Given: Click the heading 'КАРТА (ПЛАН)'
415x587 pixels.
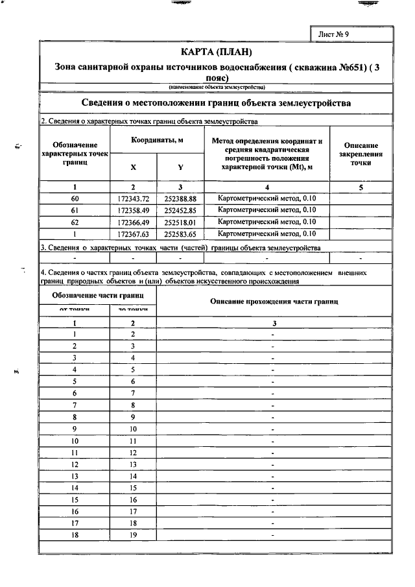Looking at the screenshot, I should tap(216, 52).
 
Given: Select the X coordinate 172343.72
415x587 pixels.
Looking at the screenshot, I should tap(134, 198).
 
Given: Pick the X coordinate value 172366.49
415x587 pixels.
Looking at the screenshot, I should tap(134, 221).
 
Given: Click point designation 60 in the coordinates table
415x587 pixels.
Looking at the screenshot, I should tap(75, 198).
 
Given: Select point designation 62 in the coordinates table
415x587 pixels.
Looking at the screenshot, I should tap(75, 221).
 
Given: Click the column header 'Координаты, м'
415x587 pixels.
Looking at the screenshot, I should tap(157, 140).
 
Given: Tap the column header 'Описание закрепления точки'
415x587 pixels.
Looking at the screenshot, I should tap(361, 154).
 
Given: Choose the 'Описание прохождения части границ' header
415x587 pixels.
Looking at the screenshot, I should tap(274, 302).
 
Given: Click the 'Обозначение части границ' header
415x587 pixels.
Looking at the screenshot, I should tap(98, 296).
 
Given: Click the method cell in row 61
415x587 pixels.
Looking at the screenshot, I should tap(267, 210).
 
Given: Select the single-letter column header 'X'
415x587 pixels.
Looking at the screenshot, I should tap(134, 167).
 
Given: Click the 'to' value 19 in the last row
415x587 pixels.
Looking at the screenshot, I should tap(133, 534).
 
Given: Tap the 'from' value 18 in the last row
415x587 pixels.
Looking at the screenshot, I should tap(75, 534).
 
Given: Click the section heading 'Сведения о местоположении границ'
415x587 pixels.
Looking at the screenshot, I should tap(216, 103).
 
